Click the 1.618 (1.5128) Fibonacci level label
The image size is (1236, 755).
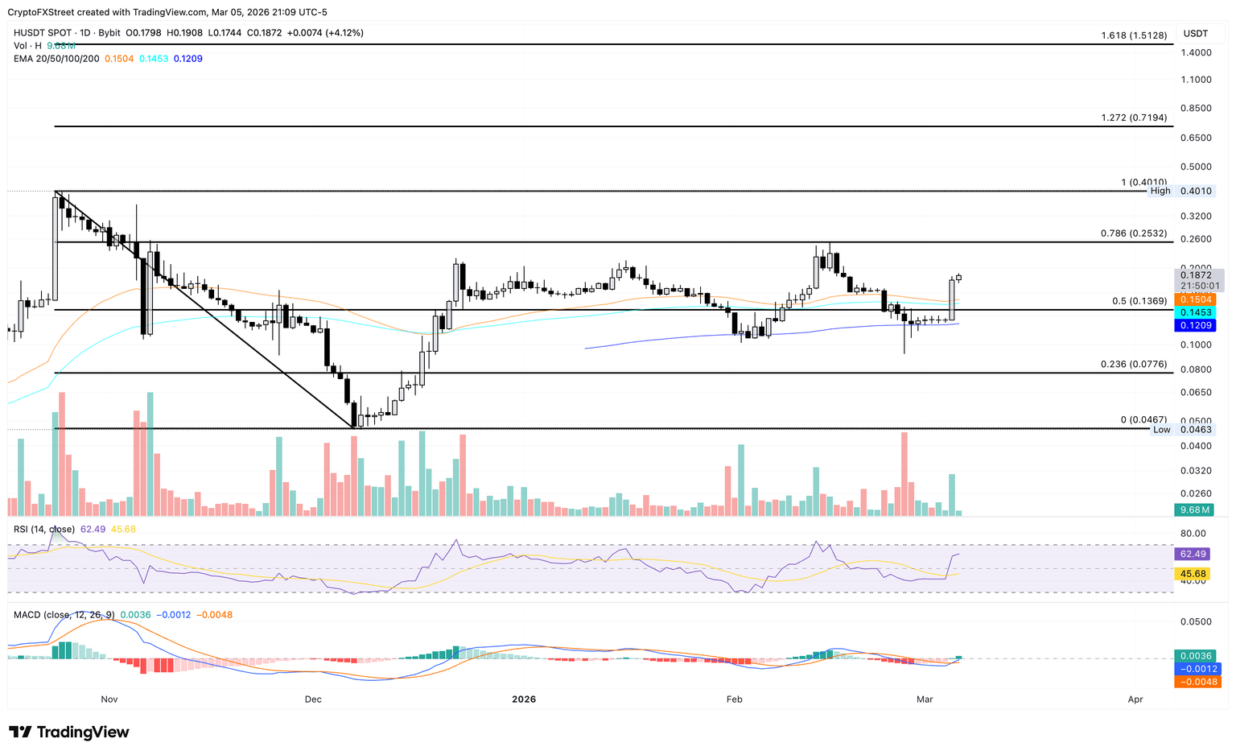pos(1134,36)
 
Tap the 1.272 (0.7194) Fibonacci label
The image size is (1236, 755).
pos(1134,118)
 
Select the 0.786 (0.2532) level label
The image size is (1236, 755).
pos(1134,233)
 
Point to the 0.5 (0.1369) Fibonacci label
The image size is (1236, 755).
pos(1139,301)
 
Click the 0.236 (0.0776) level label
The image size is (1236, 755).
pos(1134,365)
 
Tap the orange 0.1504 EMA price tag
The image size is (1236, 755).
pos(1196,299)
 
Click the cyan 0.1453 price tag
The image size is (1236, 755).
pos(1196,311)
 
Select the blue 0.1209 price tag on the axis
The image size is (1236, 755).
pos(1196,325)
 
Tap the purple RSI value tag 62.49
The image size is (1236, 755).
pos(1193,554)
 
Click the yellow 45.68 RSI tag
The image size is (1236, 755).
pos(1193,574)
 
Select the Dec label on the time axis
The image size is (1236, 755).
pos(313,699)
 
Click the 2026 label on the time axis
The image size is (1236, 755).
pos(524,699)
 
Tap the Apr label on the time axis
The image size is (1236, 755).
pos(1135,699)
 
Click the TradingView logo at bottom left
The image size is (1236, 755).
pos(69,732)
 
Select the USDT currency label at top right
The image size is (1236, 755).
pos(1196,33)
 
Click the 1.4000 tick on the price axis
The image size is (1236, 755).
pos(1197,52)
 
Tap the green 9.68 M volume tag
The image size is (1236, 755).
pos(1196,510)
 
